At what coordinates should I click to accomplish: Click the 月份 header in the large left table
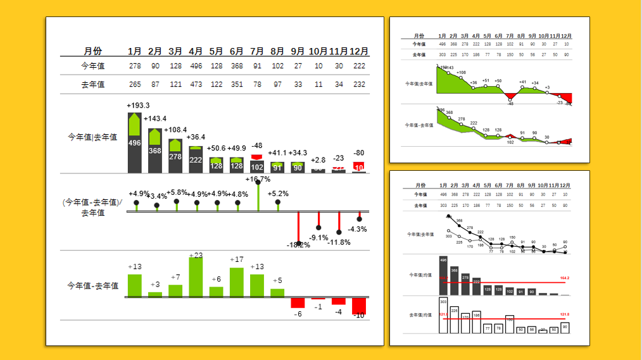point(92,51)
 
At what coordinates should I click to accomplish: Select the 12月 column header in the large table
point(359,51)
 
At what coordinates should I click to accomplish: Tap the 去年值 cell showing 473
point(196,84)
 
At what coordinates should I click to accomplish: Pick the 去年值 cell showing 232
point(359,84)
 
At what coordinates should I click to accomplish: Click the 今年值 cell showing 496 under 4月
point(196,66)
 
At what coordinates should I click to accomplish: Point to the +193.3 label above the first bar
point(138,106)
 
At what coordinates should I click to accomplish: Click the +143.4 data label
point(155,119)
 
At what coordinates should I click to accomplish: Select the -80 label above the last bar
point(359,152)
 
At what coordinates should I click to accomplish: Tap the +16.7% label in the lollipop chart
point(258,180)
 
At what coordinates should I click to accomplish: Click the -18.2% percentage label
point(298,245)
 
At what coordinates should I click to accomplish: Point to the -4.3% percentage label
point(358,229)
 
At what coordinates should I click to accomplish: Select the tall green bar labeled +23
point(196,277)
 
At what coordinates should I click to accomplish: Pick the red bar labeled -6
point(298,302)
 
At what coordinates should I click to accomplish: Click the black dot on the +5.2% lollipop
point(278,202)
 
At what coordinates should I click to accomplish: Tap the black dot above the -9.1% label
point(318,228)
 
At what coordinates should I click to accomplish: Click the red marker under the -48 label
point(257,157)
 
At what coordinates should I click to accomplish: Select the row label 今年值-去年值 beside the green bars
point(92,286)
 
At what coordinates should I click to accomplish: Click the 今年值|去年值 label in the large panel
point(92,137)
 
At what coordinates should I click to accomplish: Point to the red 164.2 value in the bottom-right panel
point(565,278)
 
